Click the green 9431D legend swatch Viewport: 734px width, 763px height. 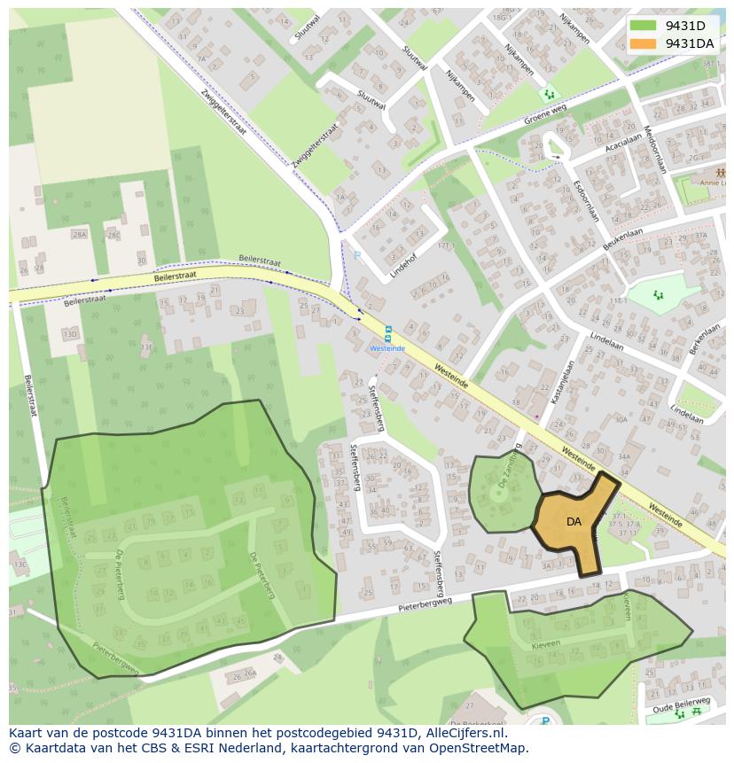coord(644,26)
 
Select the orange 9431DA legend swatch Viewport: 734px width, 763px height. coord(644,43)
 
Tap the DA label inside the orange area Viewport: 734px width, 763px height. coord(574,522)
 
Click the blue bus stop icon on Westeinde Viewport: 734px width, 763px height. coord(387,332)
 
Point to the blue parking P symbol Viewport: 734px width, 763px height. coord(357,256)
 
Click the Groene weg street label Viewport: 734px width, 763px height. coord(544,116)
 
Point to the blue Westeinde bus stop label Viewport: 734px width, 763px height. coord(387,348)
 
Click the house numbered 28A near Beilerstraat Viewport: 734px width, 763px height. coord(80,235)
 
